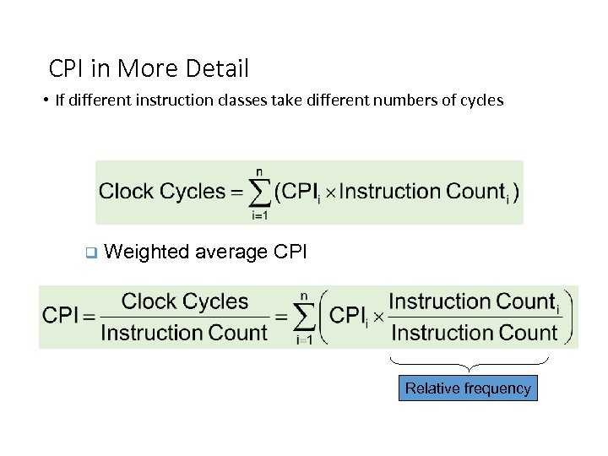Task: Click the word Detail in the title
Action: [x=217, y=68]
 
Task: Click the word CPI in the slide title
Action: [x=66, y=68]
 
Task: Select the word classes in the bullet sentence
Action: [x=242, y=100]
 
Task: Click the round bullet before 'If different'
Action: [x=46, y=100]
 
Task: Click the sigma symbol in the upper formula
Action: [x=259, y=193]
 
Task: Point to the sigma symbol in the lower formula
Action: [x=304, y=318]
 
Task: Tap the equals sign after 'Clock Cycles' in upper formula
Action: [x=237, y=192]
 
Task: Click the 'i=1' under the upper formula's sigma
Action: [x=259, y=214]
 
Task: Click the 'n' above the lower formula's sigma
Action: [x=304, y=296]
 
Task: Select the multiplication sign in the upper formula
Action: [x=330, y=193]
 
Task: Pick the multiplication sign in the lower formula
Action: [x=378, y=318]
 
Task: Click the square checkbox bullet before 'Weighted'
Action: [x=91, y=252]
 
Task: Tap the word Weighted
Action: [x=147, y=252]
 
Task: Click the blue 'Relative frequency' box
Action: [x=468, y=388]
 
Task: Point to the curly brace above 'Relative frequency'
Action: [x=470, y=365]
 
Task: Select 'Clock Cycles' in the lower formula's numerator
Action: [x=185, y=301]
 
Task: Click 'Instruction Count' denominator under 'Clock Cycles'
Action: [x=184, y=333]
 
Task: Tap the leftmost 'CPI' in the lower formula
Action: [x=60, y=315]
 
